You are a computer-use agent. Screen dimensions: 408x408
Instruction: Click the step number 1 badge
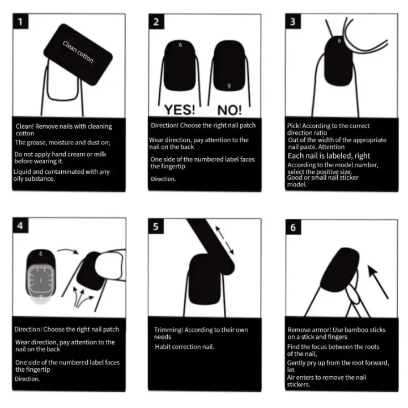(x=21, y=23)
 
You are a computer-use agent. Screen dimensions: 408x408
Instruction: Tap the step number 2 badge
(x=156, y=23)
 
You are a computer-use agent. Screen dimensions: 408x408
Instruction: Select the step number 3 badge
(x=292, y=23)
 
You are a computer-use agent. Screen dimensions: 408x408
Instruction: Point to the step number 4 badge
(x=21, y=226)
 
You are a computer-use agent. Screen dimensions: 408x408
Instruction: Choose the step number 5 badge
(x=156, y=226)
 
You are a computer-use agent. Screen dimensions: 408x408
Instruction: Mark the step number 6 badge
(x=292, y=226)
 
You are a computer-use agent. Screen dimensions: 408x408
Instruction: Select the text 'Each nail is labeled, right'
(x=329, y=156)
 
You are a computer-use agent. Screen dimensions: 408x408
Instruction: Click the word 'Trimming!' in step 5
(x=169, y=330)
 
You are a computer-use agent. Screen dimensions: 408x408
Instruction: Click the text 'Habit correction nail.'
(x=184, y=347)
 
